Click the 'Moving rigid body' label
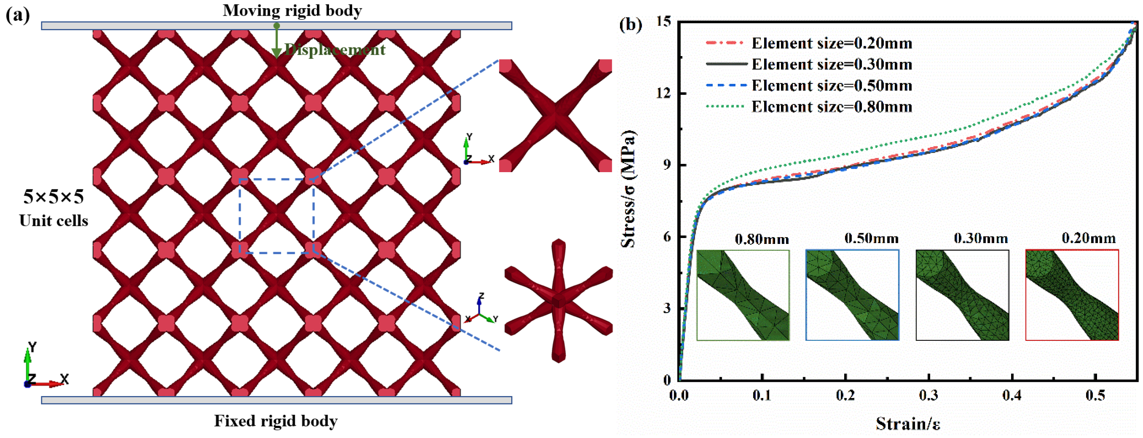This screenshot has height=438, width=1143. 292,10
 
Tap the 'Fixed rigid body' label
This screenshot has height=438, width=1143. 276,420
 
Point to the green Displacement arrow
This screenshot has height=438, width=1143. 276,42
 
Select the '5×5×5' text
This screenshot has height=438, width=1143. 53,196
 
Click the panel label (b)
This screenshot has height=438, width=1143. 631,24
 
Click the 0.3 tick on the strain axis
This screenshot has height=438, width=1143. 928,394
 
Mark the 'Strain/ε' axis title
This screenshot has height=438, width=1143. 908,423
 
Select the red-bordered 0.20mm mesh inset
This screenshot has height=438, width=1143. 1072,295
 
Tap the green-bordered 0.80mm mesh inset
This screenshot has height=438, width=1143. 743,295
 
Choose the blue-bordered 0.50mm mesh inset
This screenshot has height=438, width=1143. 852,295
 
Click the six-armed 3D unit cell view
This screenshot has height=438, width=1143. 559,301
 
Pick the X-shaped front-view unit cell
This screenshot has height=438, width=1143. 556,116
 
